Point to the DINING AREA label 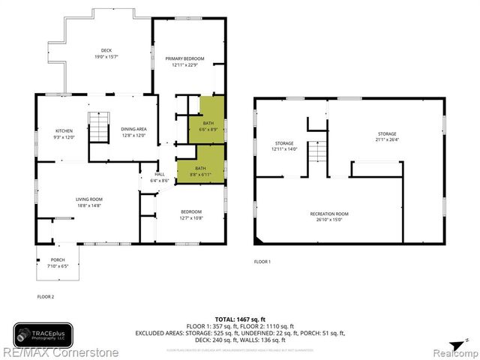click(x=133, y=133)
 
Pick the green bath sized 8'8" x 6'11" click(x=200, y=171)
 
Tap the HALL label click(x=159, y=177)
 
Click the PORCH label click(x=58, y=262)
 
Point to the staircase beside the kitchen click(x=97, y=124)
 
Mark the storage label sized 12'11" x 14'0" click(x=284, y=145)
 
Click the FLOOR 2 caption click(x=46, y=297)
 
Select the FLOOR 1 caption click(x=262, y=262)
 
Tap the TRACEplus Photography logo click(x=43, y=334)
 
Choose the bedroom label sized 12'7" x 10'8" click(x=191, y=215)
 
